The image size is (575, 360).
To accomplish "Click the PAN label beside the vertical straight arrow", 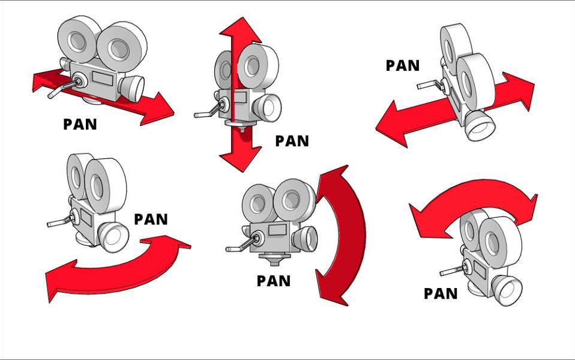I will [292, 141].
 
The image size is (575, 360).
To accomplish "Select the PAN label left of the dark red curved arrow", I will [273, 280].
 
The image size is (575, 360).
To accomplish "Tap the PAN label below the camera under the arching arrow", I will [441, 293].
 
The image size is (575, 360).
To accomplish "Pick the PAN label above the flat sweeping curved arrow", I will [151, 219].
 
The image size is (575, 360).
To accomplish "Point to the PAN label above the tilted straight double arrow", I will [402, 65].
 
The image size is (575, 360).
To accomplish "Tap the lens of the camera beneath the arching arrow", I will [509, 292].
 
